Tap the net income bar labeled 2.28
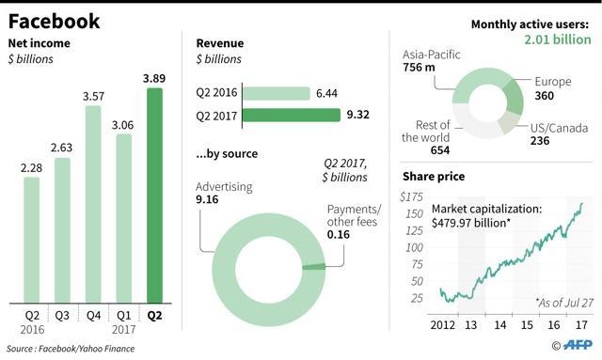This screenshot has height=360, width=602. click(31, 240)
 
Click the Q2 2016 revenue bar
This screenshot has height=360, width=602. click(276, 93)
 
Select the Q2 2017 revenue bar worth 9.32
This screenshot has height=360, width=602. click(292, 115)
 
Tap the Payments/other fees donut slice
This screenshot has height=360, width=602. click(313, 267)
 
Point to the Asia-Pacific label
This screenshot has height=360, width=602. click(431, 55)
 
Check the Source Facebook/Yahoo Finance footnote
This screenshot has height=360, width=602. click(71, 349)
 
